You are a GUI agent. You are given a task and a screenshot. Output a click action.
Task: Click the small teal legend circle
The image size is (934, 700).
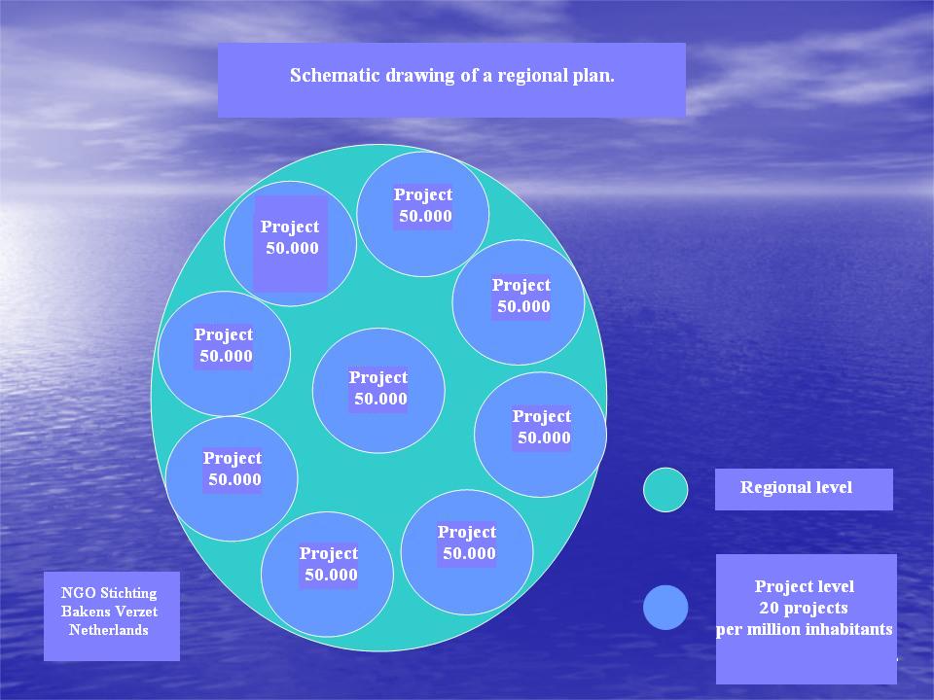tap(665, 489)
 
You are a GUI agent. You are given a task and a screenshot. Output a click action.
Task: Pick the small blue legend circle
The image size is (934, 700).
tap(665, 607)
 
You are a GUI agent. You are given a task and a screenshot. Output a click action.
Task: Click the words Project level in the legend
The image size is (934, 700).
tap(805, 586)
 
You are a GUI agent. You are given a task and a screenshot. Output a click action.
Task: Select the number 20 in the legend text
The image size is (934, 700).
tap(770, 608)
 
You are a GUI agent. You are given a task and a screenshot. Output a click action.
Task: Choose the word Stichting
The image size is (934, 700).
tap(128, 593)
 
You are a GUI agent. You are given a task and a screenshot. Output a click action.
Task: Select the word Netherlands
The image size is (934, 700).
tap(108, 630)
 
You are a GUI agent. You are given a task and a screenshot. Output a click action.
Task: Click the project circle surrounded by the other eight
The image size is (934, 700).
tap(378, 391)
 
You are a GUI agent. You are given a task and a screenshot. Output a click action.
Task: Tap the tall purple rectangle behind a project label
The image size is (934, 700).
tap(291, 244)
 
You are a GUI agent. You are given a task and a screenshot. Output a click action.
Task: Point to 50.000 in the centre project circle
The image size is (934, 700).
tap(380, 399)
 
